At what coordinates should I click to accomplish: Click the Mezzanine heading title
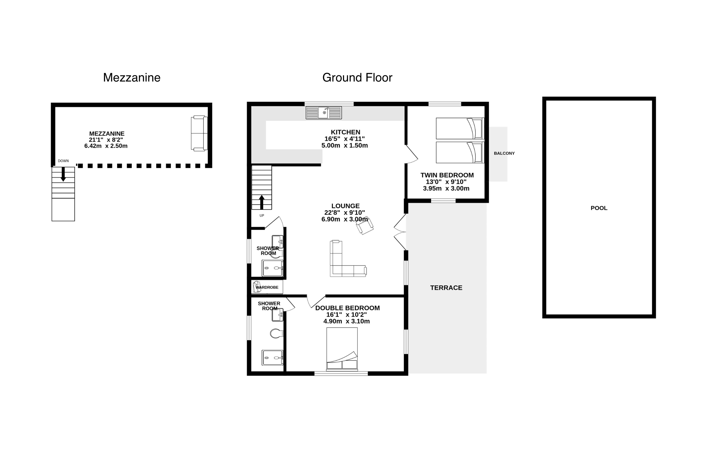point(132,78)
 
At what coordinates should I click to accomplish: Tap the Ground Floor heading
point(357,78)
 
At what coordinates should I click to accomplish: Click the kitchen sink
point(324,113)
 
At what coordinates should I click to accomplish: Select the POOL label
point(599,208)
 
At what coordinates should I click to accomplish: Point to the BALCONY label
point(504,153)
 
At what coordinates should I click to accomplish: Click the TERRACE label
point(446,288)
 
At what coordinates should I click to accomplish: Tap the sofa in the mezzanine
point(199,133)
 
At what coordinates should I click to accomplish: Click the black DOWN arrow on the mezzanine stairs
point(63,174)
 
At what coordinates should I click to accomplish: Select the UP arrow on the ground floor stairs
point(262,202)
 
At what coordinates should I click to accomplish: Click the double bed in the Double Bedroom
point(342,349)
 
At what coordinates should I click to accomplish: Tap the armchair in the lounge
point(364,226)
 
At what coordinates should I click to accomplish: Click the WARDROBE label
point(267,287)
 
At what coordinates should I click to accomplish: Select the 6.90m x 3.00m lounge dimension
point(344,219)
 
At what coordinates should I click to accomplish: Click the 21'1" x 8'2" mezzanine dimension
point(106,140)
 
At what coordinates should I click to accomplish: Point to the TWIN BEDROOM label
point(447,175)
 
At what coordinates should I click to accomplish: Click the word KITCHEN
point(345,132)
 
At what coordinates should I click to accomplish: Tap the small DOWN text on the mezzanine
point(63,161)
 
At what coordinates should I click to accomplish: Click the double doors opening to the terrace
point(400,232)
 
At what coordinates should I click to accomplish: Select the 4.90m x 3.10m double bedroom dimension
point(346,321)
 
